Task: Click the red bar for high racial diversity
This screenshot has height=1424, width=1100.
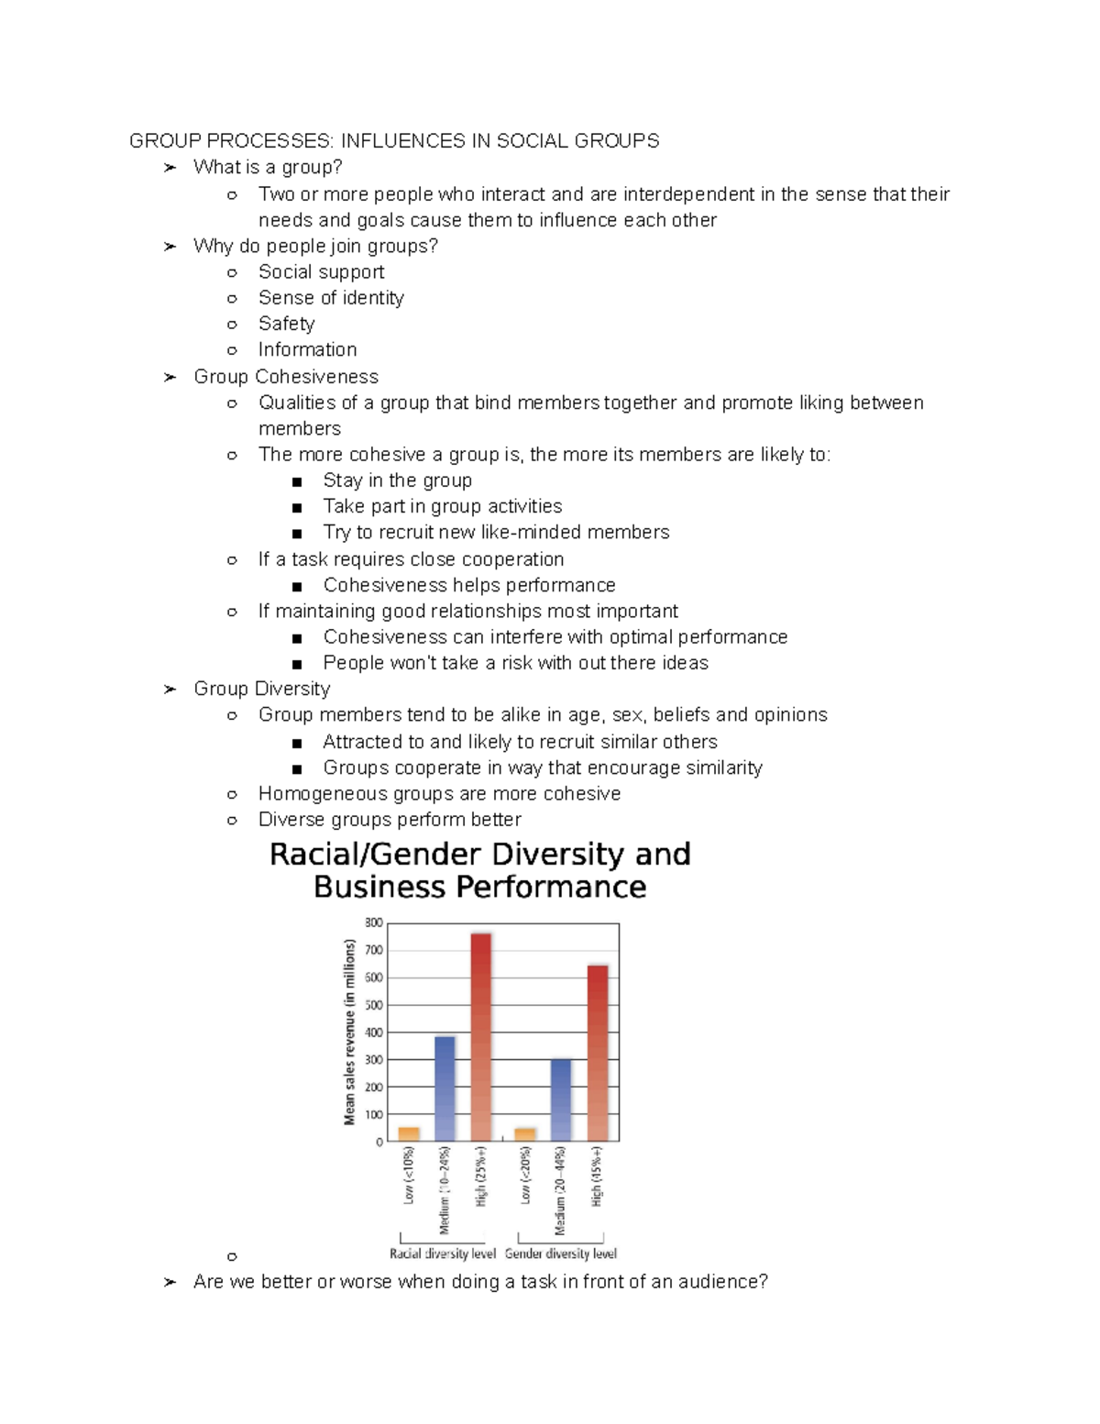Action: pos(481,1036)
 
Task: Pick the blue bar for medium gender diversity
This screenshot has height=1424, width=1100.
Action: pos(561,1100)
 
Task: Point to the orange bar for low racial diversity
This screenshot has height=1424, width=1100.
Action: pos(409,1134)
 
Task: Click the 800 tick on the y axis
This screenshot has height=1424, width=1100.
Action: pos(374,923)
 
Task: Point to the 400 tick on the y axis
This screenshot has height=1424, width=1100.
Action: pos(374,1032)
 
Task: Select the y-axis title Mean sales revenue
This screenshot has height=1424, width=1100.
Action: pos(349,1032)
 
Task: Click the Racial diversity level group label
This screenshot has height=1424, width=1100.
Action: pos(443,1253)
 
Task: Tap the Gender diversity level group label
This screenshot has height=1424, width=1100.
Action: pos(561,1253)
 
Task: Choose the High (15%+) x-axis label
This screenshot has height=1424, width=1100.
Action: pos(597,1176)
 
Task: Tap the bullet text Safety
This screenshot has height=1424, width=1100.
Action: pos(286,324)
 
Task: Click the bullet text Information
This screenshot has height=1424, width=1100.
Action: pos(307,349)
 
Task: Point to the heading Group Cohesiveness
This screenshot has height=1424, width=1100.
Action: pos(285,377)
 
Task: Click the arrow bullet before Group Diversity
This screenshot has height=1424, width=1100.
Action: pos(170,690)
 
